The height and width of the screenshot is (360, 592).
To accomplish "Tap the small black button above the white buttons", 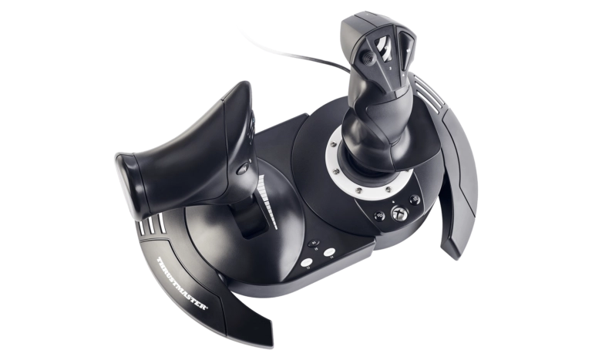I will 313,244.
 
